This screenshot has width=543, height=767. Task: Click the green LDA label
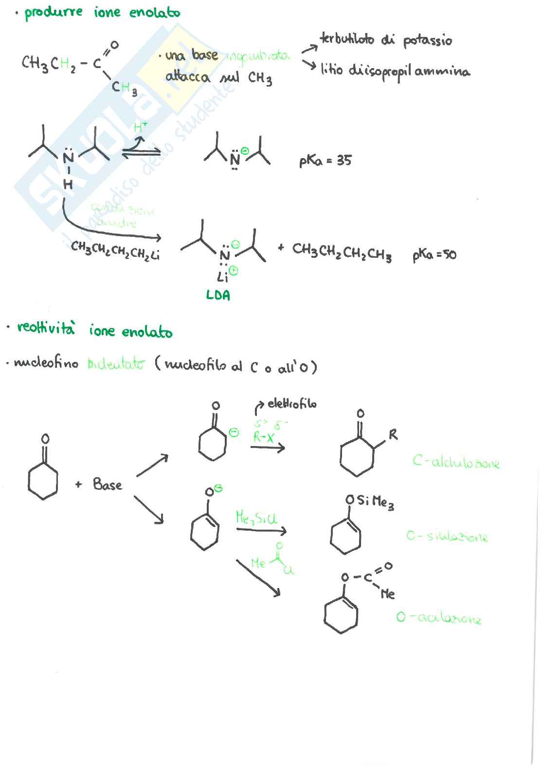coord(218,295)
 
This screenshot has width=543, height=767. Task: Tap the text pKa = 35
coord(325,161)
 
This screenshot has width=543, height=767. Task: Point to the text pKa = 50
coord(434,254)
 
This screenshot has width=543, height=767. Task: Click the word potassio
coord(427,41)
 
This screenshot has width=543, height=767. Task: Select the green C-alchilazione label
coord(456,462)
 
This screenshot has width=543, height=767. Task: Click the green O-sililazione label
coord(447,536)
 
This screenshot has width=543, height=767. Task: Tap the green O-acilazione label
coord(438,618)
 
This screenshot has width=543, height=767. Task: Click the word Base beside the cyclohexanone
coord(107,484)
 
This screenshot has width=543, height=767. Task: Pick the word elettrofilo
coord(292,404)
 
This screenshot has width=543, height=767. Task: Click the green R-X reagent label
coord(263,437)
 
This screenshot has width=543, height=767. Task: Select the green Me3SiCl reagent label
coord(256,517)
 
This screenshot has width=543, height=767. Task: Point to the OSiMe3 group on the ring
coord(370,501)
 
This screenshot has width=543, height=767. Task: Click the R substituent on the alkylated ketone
coord(393,435)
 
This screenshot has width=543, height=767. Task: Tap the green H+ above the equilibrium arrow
coord(140,128)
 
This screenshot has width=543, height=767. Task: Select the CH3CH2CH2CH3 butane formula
coord(342,251)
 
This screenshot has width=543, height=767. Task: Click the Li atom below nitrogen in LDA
coord(223,277)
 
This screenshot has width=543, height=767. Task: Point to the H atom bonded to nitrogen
coord(68,184)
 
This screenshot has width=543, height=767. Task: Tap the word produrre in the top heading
coord(54,12)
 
